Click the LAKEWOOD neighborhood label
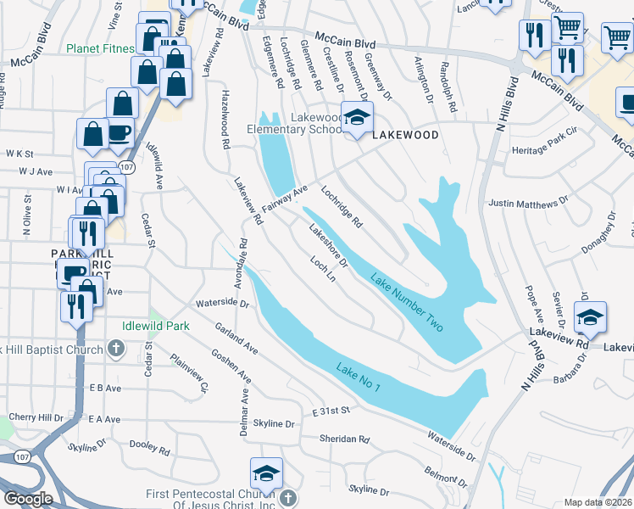pos(405,135)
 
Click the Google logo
pos(28,499)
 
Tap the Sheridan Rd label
pos(345,439)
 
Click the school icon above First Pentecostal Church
pos(266,473)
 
